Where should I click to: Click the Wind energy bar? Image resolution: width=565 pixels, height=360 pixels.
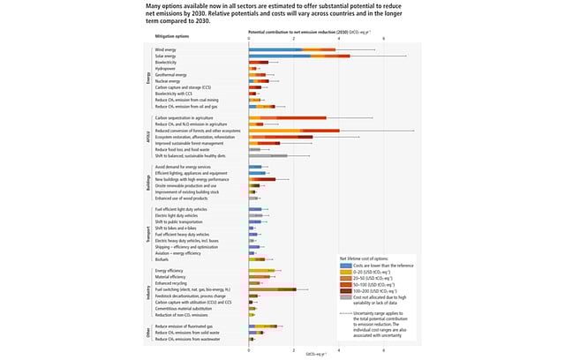point(291,49)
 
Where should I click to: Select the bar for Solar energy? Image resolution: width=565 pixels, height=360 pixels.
point(299,56)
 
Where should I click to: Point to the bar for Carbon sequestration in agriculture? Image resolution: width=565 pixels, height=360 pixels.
point(288,117)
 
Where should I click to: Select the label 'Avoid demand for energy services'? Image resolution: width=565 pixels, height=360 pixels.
point(183,166)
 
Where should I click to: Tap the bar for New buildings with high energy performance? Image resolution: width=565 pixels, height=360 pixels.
point(262,179)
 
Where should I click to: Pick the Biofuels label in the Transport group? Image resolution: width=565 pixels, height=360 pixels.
point(162,259)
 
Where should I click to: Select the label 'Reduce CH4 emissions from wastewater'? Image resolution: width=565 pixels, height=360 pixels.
point(188,338)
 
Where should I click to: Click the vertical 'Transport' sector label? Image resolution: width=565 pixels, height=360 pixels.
point(147,234)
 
